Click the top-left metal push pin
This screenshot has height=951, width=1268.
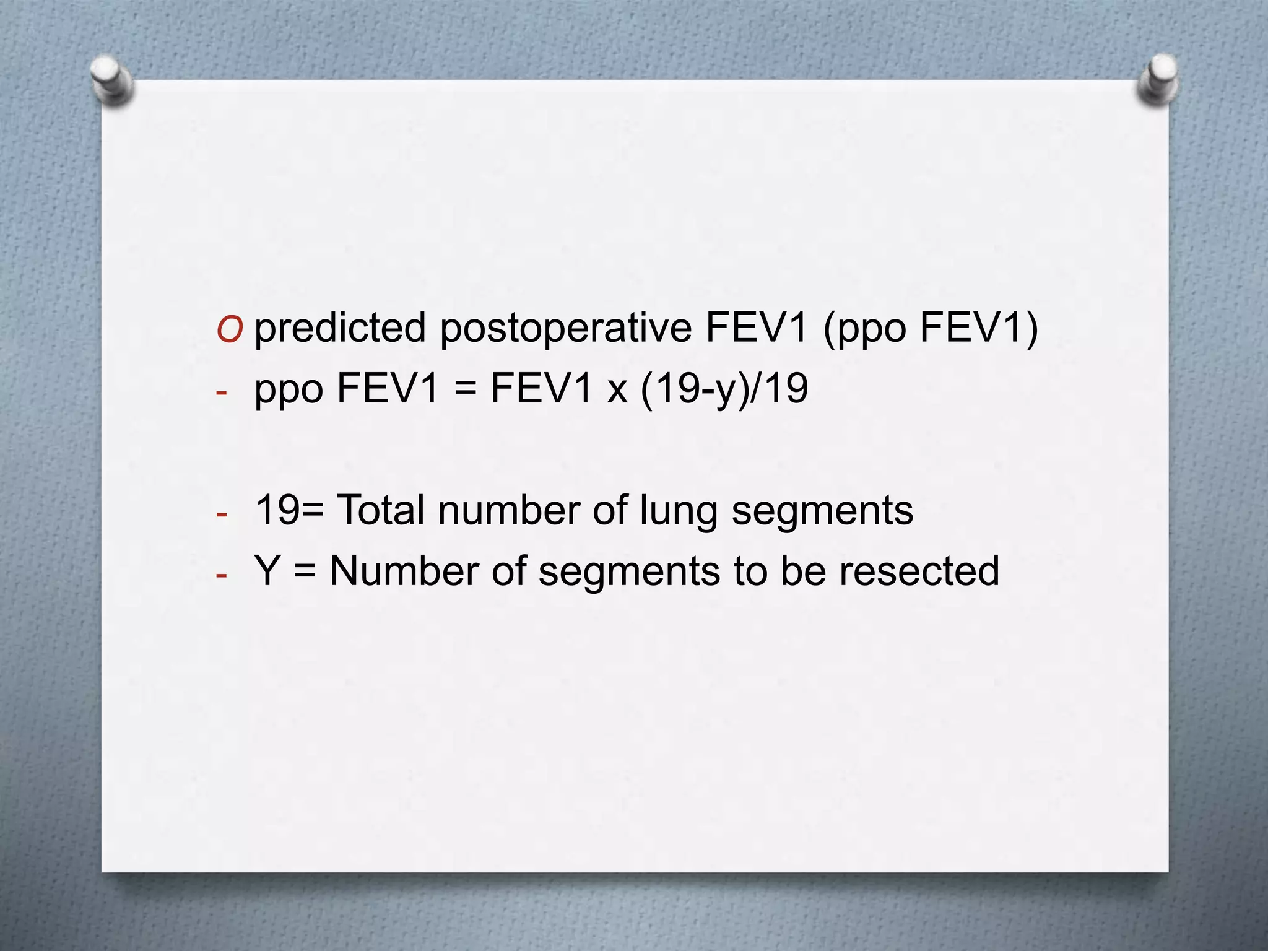(x=112, y=80)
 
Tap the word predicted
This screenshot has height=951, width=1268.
(x=340, y=328)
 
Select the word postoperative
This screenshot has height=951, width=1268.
(x=565, y=328)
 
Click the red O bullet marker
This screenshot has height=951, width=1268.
(x=229, y=331)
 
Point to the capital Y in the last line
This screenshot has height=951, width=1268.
(x=267, y=571)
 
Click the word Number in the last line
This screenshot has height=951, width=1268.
(x=404, y=571)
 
